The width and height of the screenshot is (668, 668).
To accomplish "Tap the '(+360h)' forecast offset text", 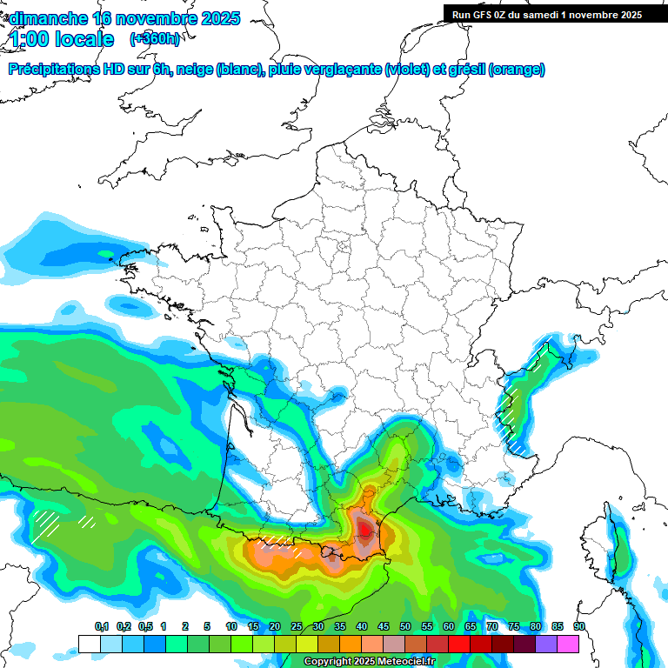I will click(155, 39).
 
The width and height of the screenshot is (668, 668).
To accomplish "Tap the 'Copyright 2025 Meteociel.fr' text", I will click(370, 662).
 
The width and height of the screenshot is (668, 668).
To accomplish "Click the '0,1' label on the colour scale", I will click(102, 626).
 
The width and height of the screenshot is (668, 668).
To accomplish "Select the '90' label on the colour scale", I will click(579, 626).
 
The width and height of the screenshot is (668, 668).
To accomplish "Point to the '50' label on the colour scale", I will click(405, 626).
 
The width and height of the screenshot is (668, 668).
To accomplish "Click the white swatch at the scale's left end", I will click(89, 644).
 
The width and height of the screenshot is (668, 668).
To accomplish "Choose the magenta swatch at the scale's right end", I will click(568, 644).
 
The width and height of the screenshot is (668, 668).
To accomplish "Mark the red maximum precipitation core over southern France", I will click(365, 527).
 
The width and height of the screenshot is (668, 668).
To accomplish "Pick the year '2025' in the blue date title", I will click(219, 18).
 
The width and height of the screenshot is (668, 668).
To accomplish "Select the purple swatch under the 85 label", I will click(546, 644).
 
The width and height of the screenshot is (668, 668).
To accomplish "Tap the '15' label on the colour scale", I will click(253, 626).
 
